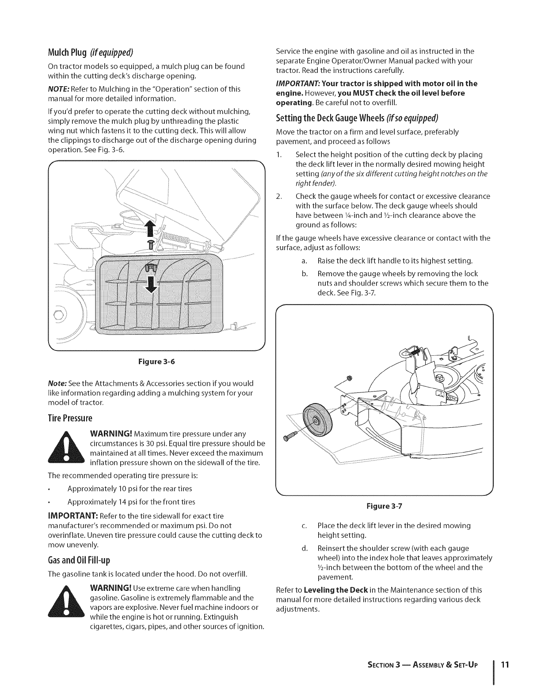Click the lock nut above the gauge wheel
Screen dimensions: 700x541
point(348,378)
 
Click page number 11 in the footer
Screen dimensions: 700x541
point(506,665)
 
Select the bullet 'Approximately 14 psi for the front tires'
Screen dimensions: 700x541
point(131,502)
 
